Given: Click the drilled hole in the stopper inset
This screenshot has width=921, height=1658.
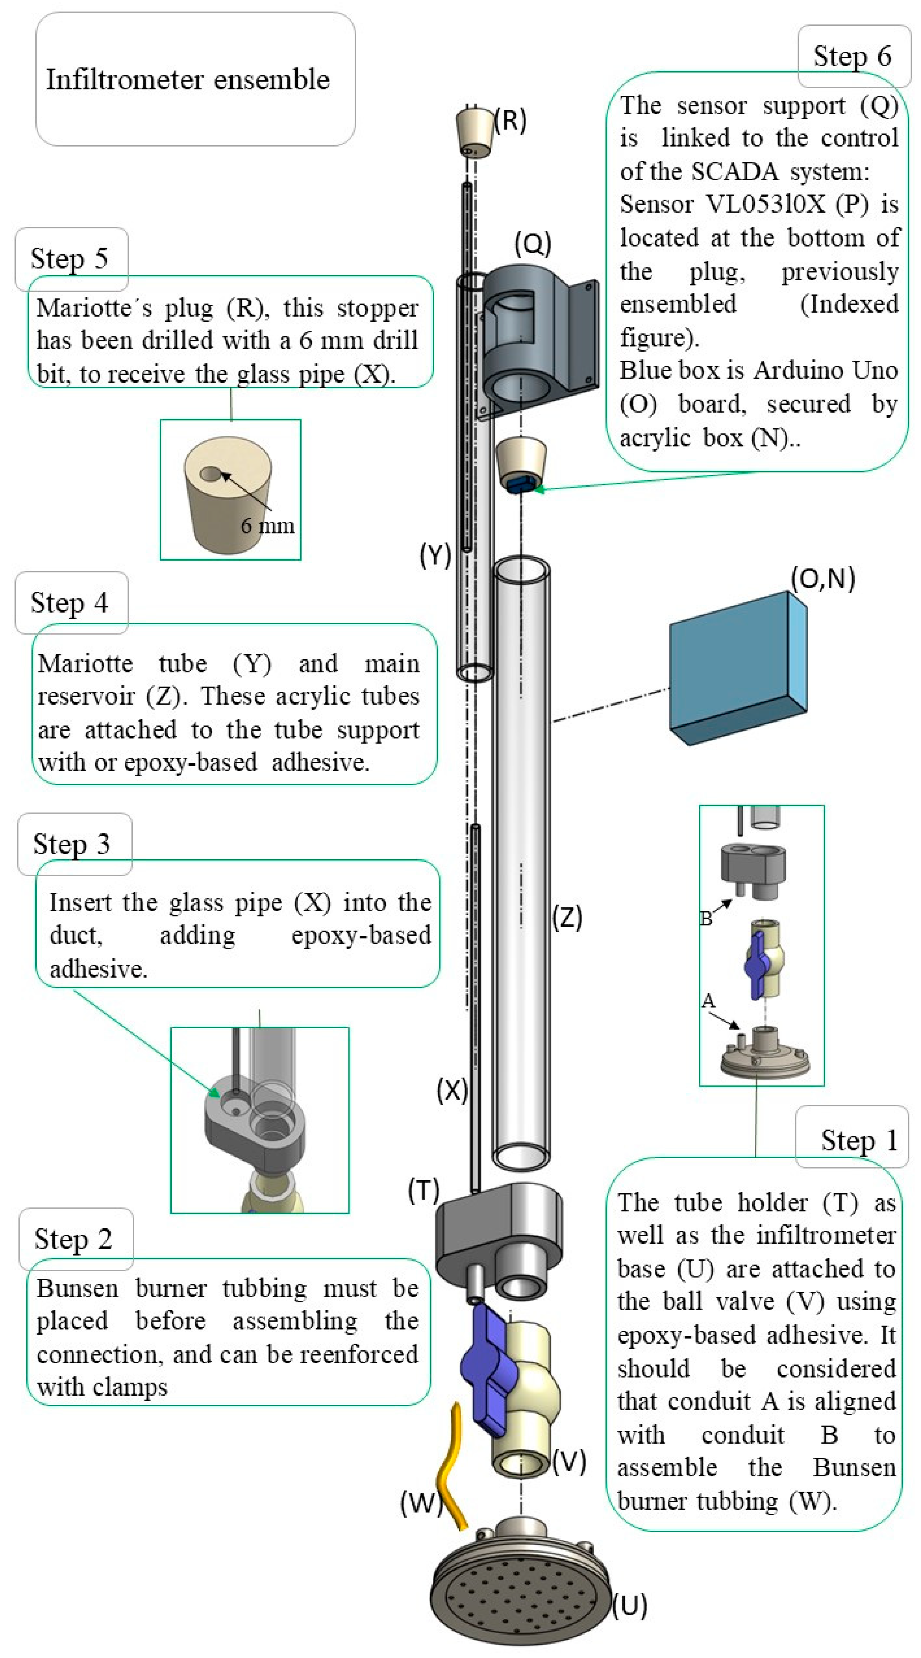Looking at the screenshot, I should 211,474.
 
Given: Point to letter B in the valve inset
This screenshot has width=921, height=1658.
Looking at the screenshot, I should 706,918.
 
